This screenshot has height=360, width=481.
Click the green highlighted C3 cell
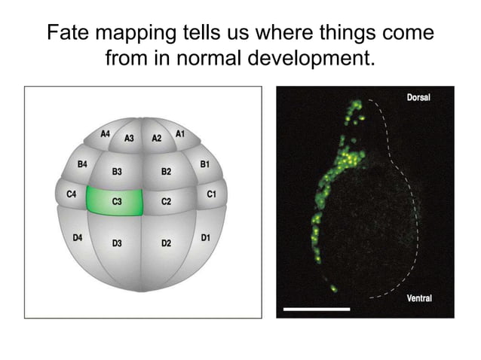[x=115, y=202]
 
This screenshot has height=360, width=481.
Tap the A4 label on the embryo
[x=106, y=134]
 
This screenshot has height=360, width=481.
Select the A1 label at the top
[x=180, y=134]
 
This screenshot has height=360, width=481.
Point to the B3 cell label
[x=117, y=172]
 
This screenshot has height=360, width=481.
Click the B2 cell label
[x=166, y=172]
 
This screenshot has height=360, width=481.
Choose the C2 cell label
[x=166, y=202]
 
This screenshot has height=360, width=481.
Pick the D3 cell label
[x=117, y=243]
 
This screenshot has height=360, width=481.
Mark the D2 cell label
[x=166, y=243]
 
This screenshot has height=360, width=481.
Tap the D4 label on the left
[x=77, y=238]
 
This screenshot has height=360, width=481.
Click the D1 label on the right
[x=206, y=238]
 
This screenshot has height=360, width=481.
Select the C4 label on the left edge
[x=72, y=194]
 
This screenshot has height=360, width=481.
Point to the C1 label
[x=211, y=194]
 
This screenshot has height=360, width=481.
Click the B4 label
[x=82, y=163]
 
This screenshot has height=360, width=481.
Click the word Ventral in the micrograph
[x=418, y=299]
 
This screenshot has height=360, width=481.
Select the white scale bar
[x=317, y=309]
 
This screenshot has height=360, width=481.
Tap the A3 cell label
[x=129, y=139]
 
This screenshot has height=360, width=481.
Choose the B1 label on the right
[x=204, y=163]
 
